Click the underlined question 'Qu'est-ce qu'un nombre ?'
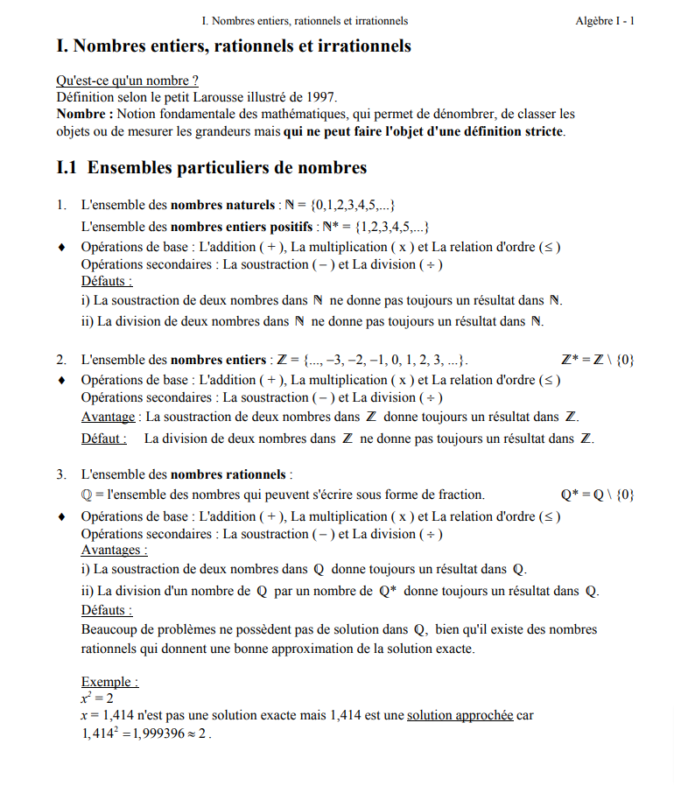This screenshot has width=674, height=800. pos(128,81)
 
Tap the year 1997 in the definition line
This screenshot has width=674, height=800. pos(319,97)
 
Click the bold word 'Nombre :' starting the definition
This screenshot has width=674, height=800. pos(85,114)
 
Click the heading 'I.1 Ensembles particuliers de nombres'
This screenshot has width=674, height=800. pos(211,167)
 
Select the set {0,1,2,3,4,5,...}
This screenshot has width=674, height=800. pos(349,206)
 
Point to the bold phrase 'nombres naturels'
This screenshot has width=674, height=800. pos(222,206)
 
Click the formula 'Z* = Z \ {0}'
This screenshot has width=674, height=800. pos(597,360)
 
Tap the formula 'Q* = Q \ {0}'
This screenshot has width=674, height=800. pos(597,495)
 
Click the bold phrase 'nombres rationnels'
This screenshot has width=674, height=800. pos(228,475)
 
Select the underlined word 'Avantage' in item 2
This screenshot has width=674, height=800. pos(108,417)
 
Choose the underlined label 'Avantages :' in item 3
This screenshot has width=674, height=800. pos(114,551)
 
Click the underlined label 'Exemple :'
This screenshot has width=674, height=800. pos(109,682)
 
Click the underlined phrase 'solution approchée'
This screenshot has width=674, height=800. pos(460,715)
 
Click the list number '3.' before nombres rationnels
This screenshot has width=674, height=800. pos(62,475)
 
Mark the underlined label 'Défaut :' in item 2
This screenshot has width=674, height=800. pos(103,439)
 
